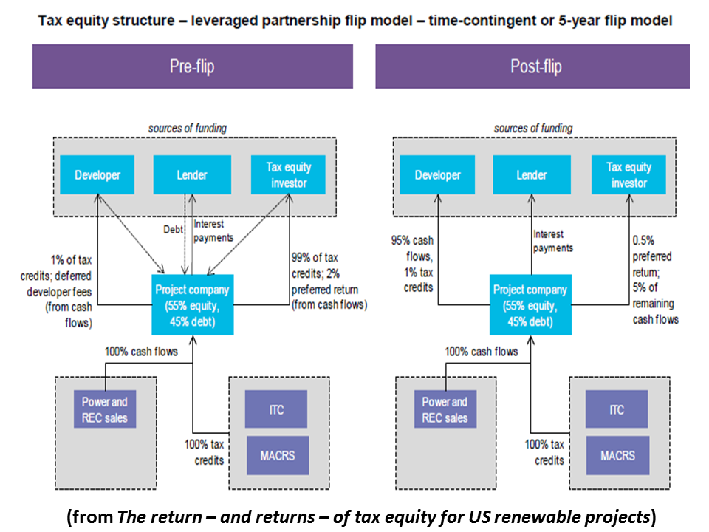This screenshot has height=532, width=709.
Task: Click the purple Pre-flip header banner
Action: tap(191, 66)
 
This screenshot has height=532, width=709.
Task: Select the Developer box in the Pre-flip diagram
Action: tap(98, 175)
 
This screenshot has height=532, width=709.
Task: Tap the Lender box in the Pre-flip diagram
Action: tap(192, 175)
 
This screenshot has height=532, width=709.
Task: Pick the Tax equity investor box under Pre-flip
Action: tap(289, 175)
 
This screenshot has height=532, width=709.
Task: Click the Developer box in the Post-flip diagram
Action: tap(438, 175)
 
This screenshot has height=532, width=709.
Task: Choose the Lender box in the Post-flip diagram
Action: tap(532, 175)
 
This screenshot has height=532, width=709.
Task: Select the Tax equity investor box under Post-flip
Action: tap(628, 175)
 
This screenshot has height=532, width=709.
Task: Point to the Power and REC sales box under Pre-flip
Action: tap(105, 410)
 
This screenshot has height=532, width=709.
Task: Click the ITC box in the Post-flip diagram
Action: tap(617, 410)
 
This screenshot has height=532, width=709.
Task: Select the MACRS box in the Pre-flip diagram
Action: tap(277, 455)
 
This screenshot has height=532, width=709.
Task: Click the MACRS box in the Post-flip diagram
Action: tap(617, 455)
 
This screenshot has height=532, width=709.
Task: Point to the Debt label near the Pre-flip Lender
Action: tap(173, 230)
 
